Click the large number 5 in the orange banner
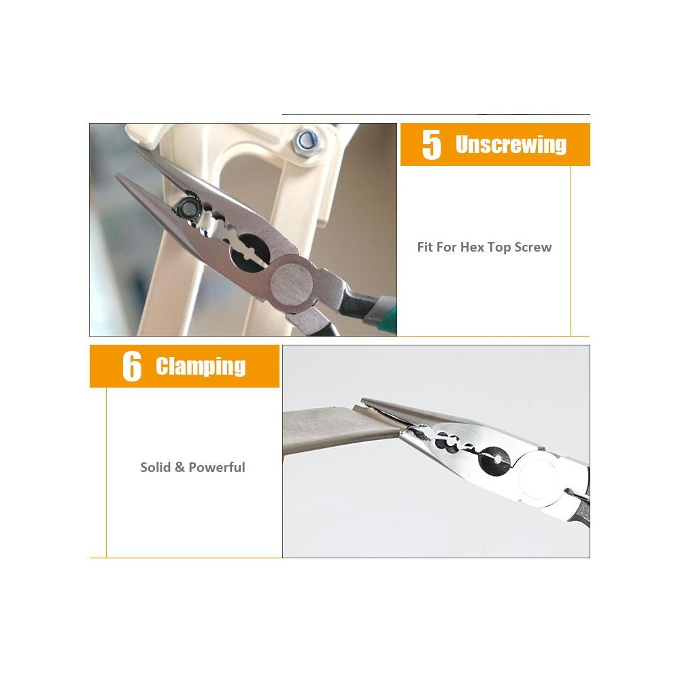coord(432,145)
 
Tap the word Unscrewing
coord(511,144)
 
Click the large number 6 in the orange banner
coord(132,367)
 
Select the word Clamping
coord(201,367)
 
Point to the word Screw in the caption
coord(533,248)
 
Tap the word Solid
coord(155,467)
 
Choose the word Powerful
coord(217,467)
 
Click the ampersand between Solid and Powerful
coord(180,467)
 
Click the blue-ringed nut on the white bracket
coord(306,141)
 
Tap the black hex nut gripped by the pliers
coord(188,208)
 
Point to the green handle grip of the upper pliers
coord(384,310)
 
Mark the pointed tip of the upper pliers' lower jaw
coord(117,175)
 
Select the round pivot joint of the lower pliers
coord(538,479)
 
